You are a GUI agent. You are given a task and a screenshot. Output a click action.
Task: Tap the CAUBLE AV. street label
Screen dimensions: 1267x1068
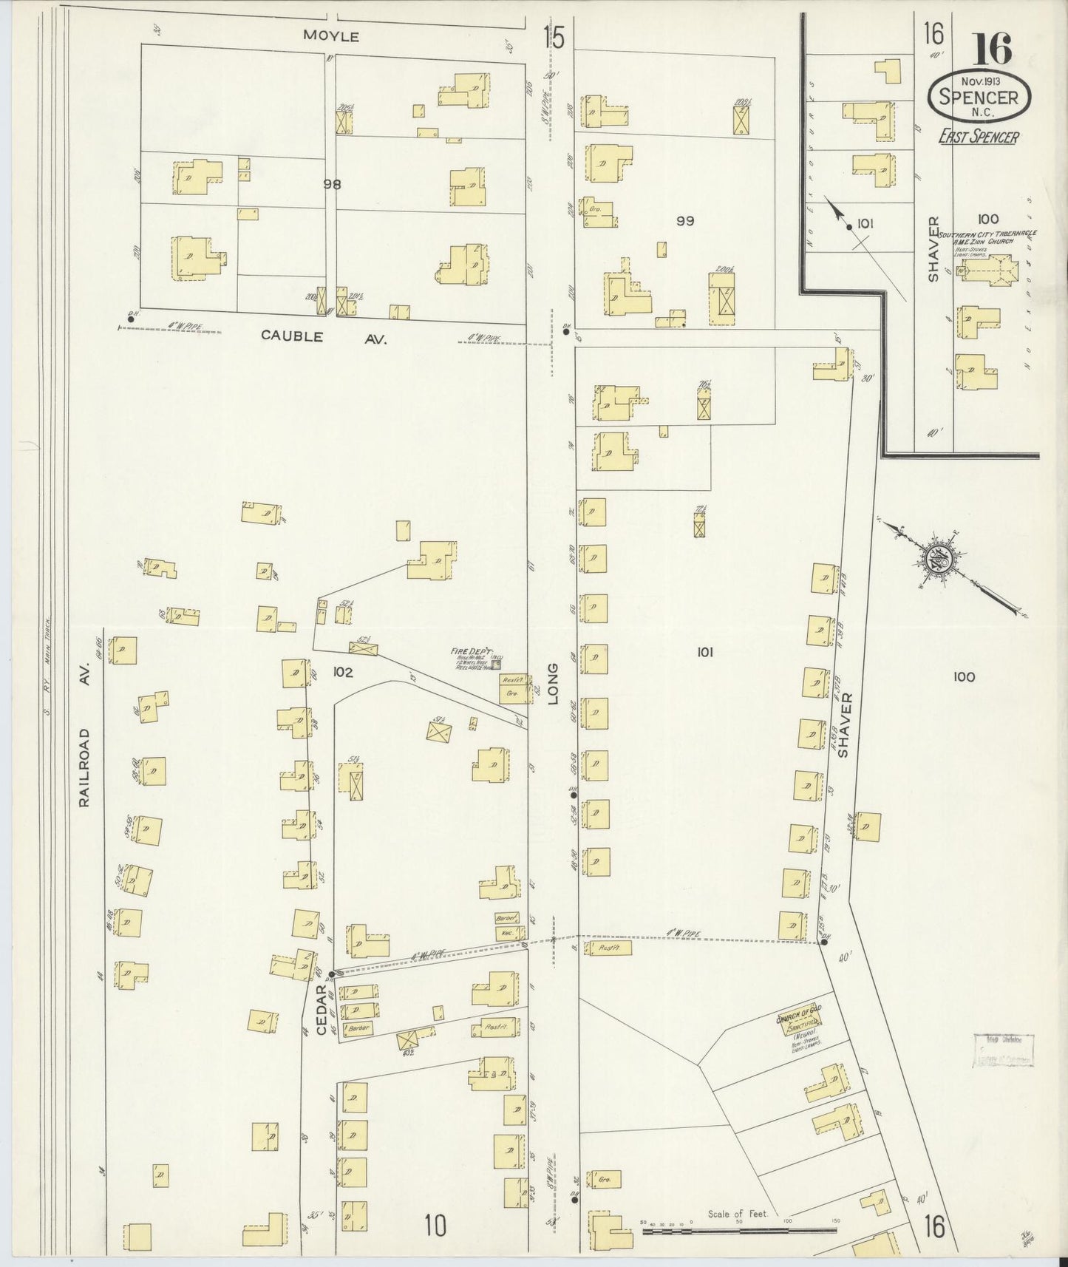click(323, 336)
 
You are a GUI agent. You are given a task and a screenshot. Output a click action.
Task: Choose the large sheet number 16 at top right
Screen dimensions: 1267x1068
click(993, 50)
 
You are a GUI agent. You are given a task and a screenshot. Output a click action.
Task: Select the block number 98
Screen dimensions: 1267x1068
click(332, 185)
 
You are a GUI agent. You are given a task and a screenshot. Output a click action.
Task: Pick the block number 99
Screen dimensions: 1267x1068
click(684, 220)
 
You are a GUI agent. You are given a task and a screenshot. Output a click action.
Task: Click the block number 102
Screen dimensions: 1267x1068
click(343, 672)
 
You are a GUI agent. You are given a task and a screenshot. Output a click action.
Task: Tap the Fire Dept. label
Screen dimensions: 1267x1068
click(467, 652)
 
